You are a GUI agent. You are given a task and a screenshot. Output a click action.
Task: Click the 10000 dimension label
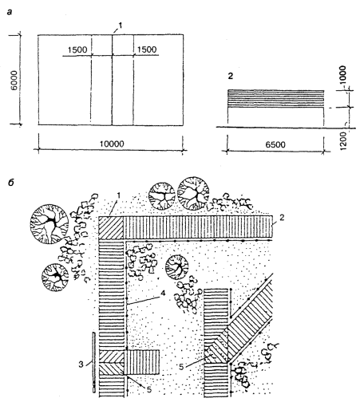112,144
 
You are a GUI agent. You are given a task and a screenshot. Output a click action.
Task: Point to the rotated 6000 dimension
15,80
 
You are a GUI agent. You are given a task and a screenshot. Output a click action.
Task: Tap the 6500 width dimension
275,144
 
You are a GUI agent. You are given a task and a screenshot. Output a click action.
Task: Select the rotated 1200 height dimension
343,141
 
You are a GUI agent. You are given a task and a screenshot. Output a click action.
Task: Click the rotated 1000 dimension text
343,75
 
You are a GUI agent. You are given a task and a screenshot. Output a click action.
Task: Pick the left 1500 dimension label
77,49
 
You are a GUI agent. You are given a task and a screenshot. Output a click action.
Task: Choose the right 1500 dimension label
147,49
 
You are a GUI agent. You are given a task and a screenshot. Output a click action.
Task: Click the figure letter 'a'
10,12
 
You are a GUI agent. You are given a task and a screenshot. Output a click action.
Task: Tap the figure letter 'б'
10,183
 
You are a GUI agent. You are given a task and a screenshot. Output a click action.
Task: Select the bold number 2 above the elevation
231,76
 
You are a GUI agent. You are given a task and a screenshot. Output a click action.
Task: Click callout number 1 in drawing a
120,26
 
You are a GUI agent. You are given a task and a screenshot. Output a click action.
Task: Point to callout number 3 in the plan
81,364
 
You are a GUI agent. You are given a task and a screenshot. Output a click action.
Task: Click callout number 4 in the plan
163,293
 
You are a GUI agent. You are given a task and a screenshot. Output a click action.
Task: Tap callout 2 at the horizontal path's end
282,218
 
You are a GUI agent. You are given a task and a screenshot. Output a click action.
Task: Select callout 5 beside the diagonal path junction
181,367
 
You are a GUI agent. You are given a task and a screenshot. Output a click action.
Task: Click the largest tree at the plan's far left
49,224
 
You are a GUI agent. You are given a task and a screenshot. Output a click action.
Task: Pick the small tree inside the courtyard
177,267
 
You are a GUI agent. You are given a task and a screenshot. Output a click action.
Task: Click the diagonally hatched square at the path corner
111,227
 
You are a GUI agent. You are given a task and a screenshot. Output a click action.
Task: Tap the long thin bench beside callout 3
94,362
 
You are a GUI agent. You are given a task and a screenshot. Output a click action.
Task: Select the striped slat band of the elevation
275,99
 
